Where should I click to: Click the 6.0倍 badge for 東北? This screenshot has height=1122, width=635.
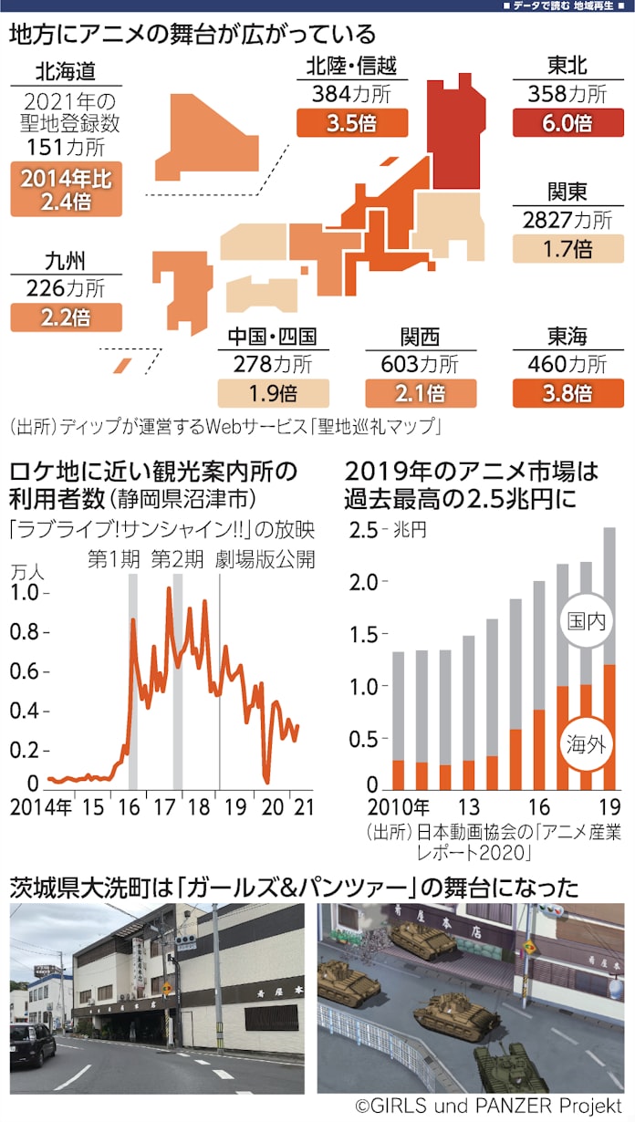point(567,122)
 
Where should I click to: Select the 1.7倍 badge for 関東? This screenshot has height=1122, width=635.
point(567,248)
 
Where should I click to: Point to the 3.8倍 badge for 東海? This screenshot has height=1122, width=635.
point(567,393)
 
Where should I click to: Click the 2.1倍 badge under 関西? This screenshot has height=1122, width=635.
point(421,393)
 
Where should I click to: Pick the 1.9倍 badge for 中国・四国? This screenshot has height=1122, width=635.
point(272,393)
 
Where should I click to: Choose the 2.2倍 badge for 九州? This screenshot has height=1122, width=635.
point(66,317)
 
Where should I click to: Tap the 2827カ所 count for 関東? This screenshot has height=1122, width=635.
point(567,220)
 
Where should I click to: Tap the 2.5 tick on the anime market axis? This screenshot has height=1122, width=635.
point(363,530)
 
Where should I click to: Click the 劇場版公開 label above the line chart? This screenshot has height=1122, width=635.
point(265,559)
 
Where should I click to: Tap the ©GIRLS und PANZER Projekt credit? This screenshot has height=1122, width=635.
point(488,1106)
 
